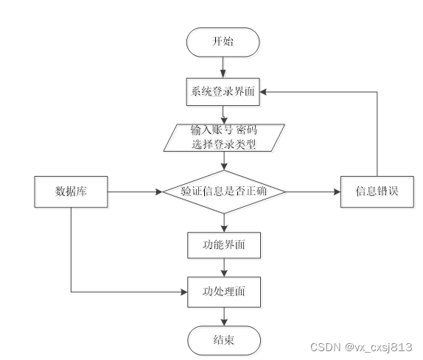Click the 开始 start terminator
[223, 42]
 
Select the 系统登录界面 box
[223, 92]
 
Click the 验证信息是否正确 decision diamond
[223, 192]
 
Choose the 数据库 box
[71, 192]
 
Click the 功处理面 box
[223, 292]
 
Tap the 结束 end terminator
[223, 339]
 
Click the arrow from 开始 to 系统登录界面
[223, 67]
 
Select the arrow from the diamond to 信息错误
[313, 192]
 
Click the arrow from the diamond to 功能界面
[223, 222]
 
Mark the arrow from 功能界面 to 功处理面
[223, 268]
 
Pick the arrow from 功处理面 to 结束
[223, 315]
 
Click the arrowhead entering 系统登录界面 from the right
[265, 92]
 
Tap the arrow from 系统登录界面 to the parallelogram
[223, 114]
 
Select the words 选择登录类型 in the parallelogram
[223, 144]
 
